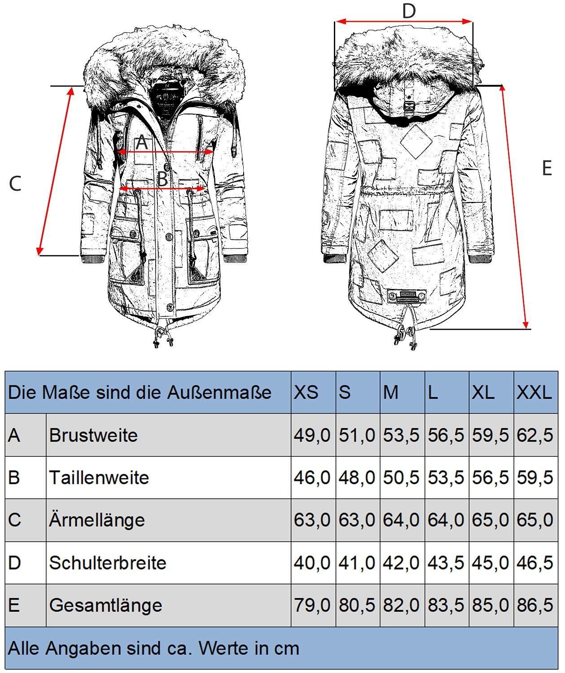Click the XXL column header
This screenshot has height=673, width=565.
tap(534, 393)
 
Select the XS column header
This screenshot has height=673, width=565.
tap(306, 393)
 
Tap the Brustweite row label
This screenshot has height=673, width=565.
tap(93, 435)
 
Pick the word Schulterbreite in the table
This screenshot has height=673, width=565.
tap(108, 563)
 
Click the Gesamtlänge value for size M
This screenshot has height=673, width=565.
tap(401, 605)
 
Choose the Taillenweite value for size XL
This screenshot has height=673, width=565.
tap(491, 477)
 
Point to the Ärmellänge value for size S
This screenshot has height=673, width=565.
tap(357, 520)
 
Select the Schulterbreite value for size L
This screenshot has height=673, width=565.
tap(446, 563)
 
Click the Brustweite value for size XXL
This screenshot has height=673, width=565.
tap(535, 435)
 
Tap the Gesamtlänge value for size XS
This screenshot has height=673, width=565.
tap(312, 605)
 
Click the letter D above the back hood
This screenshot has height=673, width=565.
tap(408, 11)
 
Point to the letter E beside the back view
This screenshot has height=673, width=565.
tap(547, 168)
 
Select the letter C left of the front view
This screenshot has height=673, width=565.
tap(15, 184)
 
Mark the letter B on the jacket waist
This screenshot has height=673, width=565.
tap(162, 179)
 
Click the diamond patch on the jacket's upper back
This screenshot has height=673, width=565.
tap(416, 141)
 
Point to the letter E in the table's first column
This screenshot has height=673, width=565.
tap(14, 605)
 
